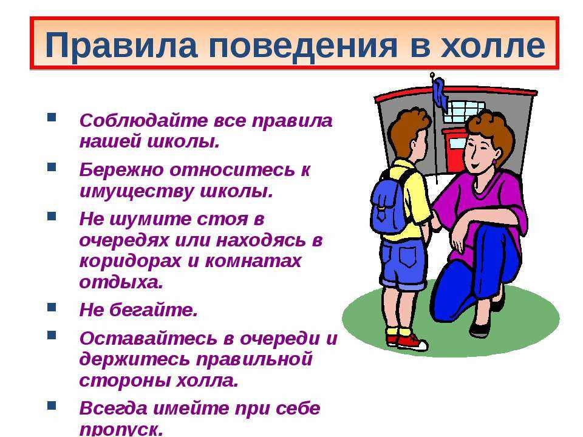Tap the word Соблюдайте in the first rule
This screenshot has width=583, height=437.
144,121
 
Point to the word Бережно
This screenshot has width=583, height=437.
121,169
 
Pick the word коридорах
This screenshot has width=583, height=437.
130,262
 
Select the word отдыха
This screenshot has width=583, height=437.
121,282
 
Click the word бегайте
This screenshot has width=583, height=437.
153,310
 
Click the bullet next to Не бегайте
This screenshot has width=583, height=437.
52,307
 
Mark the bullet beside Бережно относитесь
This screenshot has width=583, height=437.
52,167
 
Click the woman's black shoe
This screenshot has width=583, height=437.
479,330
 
